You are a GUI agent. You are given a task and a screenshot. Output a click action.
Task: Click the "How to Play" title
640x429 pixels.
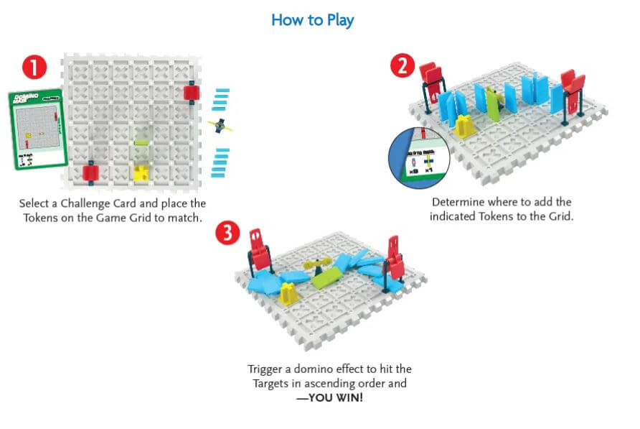pos(312,20)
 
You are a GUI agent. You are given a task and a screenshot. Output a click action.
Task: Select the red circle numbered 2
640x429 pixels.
pos(403,66)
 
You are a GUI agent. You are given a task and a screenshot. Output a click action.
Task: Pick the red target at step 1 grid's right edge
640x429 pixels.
pos(192,93)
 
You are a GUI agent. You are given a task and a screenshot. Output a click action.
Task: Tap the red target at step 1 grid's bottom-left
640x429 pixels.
pos(90,172)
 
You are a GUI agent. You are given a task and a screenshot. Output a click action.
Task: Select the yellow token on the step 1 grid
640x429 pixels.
pos(141,172)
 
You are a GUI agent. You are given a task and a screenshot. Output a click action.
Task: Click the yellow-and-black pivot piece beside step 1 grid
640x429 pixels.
pos(221,125)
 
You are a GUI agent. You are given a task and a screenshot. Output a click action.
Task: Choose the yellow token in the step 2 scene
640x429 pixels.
pos(464,126)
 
